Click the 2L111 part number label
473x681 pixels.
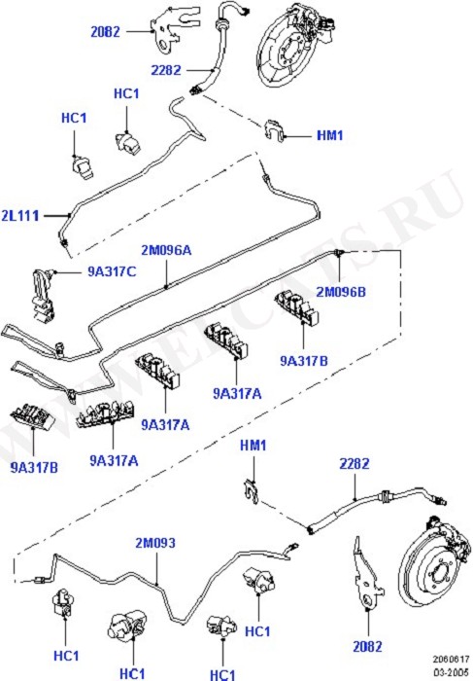tap(20, 215)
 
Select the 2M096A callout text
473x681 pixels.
tap(166, 250)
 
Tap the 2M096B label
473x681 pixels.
tap(341, 292)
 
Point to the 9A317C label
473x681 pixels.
tap(112, 271)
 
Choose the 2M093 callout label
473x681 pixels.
tap(155, 543)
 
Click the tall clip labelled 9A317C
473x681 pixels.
tap(43, 295)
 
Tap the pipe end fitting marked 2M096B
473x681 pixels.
tap(339, 253)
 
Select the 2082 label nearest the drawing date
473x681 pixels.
tap(367, 646)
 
